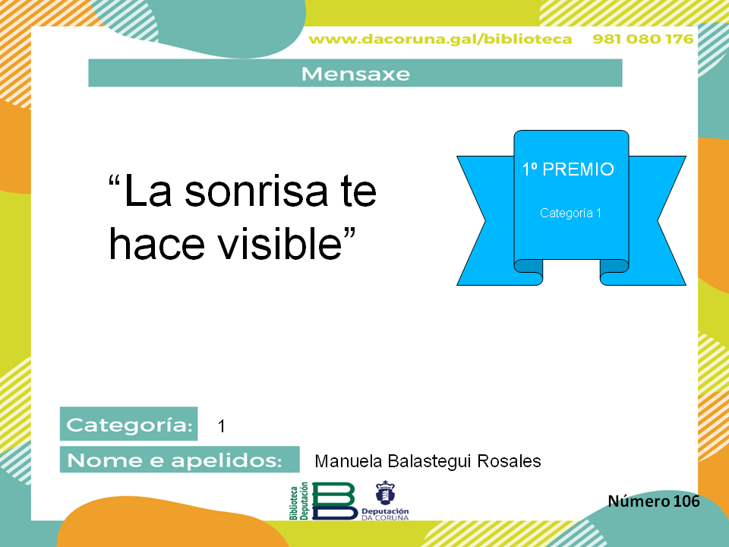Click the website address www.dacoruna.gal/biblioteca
[x=440, y=39]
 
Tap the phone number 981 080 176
[x=643, y=39]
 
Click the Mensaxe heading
[x=355, y=74]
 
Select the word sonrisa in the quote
[x=257, y=191]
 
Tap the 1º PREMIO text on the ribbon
[x=568, y=169]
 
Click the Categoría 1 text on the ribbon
[x=570, y=213]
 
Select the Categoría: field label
[x=129, y=424]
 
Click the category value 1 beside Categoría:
[x=221, y=426]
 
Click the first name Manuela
[x=349, y=461]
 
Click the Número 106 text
[x=654, y=501]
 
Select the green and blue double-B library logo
[x=334, y=501]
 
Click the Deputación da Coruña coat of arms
[x=385, y=493]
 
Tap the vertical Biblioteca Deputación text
[x=299, y=501]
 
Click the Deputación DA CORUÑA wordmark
[x=385, y=514]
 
